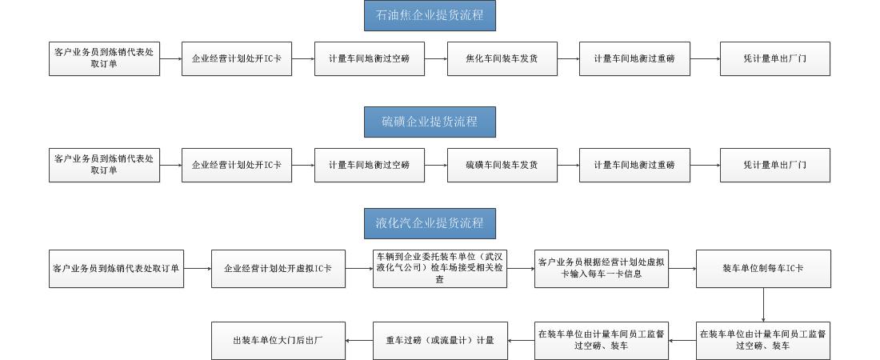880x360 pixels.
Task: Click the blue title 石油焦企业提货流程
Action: [430, 15]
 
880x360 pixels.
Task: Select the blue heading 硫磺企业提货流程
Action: [430, 122]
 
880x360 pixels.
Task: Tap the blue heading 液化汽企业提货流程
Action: [430, 223]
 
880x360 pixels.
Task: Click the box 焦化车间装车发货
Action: [502, 58]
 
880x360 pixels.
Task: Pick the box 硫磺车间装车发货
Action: [502, 165]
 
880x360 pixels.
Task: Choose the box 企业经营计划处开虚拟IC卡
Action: [278, 269]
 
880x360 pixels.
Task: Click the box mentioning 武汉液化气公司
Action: [440, 269]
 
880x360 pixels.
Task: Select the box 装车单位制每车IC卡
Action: [763, 269]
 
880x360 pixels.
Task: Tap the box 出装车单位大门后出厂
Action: [278, 340]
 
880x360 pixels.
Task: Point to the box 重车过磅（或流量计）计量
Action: [440, 340]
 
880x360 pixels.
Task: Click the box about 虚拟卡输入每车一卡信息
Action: [602, 269]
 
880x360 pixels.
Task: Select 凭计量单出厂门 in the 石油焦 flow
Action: [775, 58]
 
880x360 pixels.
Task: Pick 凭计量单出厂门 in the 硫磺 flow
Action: [775, 165]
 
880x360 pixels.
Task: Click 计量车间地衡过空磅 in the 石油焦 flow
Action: [370, 58]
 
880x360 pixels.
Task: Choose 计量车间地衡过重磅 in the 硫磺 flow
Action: [634, 165]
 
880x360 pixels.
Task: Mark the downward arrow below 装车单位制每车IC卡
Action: [763, 304]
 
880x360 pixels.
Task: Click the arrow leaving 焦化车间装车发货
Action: [569, 58]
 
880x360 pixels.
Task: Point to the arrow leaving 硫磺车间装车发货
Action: [569, 165]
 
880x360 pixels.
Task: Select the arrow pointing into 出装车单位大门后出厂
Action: [359, 340]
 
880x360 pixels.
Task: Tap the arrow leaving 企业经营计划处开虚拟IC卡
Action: [359, 269]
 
